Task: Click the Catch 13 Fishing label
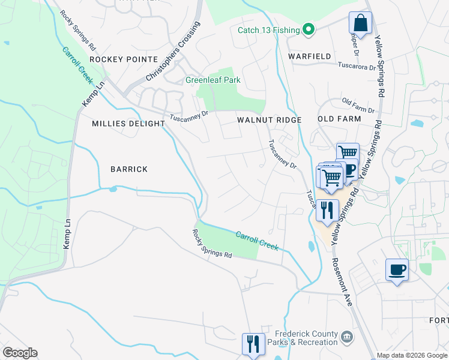268,30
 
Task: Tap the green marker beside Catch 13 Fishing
309,29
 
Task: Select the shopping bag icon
360,24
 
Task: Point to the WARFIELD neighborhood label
309,56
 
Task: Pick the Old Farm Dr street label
358,106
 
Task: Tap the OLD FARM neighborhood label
339,119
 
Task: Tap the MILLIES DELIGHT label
128,124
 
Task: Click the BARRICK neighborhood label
128,169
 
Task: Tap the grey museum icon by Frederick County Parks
346,337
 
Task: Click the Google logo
20,352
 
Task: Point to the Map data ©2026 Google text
412,355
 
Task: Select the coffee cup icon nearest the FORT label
397,270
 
